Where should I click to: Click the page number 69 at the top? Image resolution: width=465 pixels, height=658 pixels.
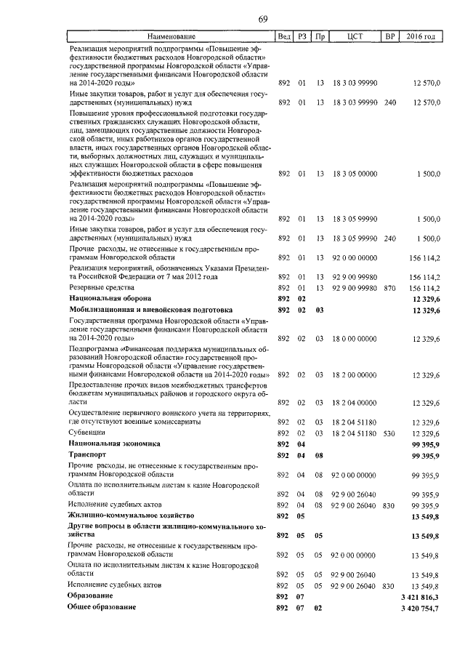point(262,20)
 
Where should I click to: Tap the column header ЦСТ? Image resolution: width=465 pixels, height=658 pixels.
point(355,36)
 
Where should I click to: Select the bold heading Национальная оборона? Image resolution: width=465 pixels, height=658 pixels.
point(110,298)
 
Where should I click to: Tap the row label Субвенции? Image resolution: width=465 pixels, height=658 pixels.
point(86,432)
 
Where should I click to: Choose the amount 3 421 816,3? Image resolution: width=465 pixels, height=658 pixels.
point(419,595)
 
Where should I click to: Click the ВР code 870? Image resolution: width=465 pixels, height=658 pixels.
point(389,288)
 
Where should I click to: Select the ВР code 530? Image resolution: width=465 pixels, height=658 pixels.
point(389,433)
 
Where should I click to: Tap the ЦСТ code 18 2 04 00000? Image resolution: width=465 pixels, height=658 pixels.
point(355,402)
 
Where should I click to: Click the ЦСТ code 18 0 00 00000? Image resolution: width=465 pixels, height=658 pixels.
point(355,339)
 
